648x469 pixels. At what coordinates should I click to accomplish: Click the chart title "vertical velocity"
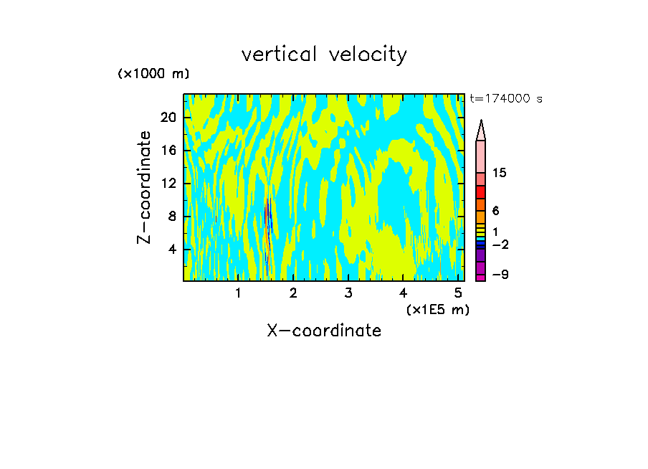324,55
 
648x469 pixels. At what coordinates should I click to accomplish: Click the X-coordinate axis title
324,331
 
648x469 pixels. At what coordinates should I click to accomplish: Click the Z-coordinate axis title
145,187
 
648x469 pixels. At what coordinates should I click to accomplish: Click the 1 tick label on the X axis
238,293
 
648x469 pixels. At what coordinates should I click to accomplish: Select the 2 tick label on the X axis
293,293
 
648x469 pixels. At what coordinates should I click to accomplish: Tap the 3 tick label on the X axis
348,293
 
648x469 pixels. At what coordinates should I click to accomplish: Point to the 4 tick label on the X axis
404,293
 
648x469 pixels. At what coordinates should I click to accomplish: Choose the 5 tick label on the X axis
459,293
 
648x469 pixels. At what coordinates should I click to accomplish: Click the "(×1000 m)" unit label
153,75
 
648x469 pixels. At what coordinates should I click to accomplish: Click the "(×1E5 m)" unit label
438,310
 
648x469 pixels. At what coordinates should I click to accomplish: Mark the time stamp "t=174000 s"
506,99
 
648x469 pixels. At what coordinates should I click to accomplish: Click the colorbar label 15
500,173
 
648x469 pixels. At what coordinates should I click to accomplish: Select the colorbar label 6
495,211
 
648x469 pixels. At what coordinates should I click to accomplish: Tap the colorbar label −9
500,275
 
